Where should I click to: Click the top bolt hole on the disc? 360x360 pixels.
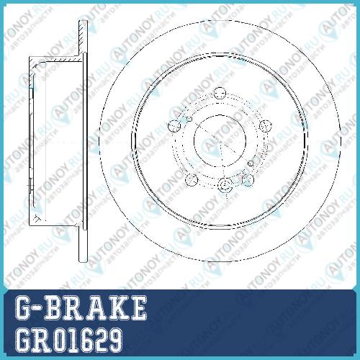220,94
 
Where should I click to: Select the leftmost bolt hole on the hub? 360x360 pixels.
174,126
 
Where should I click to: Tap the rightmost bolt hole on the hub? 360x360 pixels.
266,126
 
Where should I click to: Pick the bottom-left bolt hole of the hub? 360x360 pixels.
192,180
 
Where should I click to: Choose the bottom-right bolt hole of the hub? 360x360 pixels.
248,180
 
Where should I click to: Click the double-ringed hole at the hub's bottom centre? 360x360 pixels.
225,185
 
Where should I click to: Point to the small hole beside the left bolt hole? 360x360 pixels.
189,119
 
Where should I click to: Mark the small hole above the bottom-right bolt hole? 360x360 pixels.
251,163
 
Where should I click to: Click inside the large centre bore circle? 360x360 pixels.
220,140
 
